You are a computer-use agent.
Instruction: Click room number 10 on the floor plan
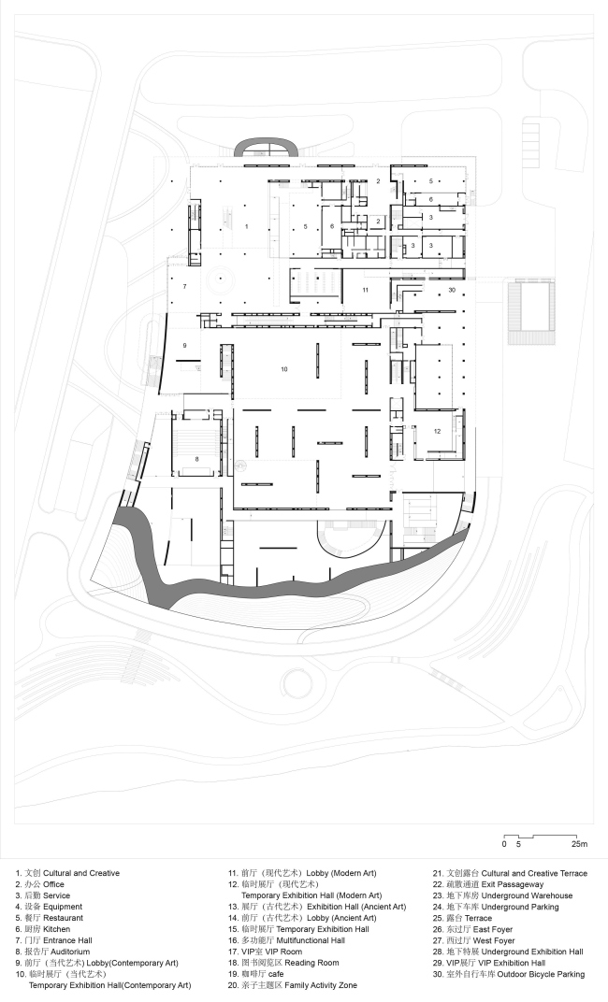pyautogui.click(x=284, y=369)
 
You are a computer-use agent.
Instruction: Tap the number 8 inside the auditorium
pyautogui.click(x=197, y=459)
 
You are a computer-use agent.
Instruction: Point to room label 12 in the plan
pyautogui.click(x=438, y=431)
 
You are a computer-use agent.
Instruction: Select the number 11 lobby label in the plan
pyautogui.click(x=365, y=290)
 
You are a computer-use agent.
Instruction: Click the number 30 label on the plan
pyautogui.click(x=452, y=290)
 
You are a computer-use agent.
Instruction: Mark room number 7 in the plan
pyautogui.click(x=185, y=286)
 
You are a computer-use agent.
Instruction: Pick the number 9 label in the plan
pyautogui.click(x=185, y=346)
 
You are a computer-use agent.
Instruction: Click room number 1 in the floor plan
pyautogui.click(x=246, y=226)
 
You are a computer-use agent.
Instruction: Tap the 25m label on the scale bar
pyautogui.click(x=579, y=844)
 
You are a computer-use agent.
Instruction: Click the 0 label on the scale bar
pyautogui.click(x=504, y=844)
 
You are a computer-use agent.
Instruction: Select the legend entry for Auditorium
pyautogui.click(x=53, y=952)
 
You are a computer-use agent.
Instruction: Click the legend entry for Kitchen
pyautogui.click(x=43, y=929)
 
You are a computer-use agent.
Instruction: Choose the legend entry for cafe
pyautogui.click(x=255, y=974)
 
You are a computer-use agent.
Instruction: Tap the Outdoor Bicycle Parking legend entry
pyautogui.click(x=509, y=974)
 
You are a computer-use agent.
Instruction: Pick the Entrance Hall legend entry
pyautogui.click(x=54, y=940)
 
